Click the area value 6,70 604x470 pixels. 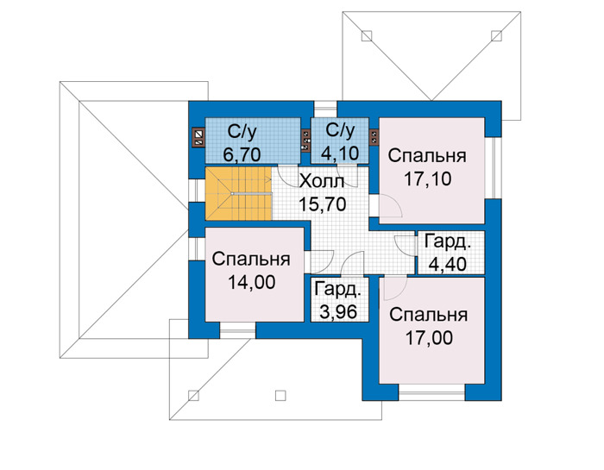tap(242, 154)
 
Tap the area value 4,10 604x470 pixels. tap(340, 154)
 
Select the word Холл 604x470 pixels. tap(321, 181)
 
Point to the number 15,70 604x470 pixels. tap(323, 204)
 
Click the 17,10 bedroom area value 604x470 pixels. tap(428, 179)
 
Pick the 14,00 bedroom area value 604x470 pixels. tap(252, 283)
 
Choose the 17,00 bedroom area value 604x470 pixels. tap(429, 338)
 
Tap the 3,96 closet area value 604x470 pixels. tap(338, 312)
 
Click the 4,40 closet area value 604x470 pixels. tap(448, 264)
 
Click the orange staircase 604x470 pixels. tap(238, 194)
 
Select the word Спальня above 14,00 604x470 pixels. tap(251, 259)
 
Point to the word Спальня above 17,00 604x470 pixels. tap(429, 315)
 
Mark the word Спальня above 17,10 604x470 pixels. tap(427, 156)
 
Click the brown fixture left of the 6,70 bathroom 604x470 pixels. tap(198, 138)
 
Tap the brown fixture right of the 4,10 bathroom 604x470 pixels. tap(374, 138)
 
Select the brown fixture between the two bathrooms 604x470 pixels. tap(305, 141)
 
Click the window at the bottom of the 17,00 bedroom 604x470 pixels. tap(431, 392)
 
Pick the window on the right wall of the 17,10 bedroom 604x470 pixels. tap(493, 167)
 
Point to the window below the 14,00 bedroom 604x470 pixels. tap(237, 330)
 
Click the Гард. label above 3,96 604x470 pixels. tap(338, 290)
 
